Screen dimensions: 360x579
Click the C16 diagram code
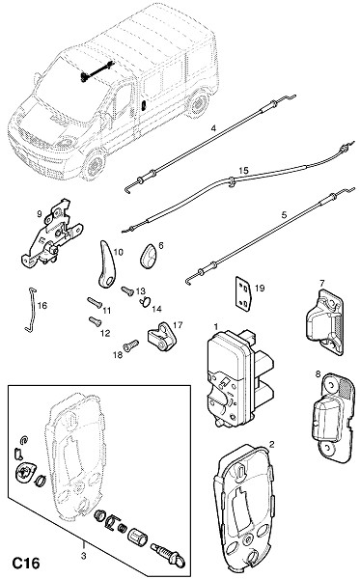click(26, 564)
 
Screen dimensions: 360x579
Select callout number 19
click(260, 288)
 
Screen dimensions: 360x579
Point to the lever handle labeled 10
click(107, 265)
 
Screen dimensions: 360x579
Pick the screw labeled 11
click(95, 303)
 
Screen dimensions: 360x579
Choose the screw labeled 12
click(96, 321)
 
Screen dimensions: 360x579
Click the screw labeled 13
click(127, 291)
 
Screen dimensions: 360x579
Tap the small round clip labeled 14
click(145, 301)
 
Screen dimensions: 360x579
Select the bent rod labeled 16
click(32, 310)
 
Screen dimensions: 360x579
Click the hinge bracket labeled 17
click(162, 337)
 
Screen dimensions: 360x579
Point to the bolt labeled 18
click(131, 345)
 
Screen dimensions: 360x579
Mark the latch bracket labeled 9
click(52, 233)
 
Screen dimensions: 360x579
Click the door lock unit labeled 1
click(239, 379)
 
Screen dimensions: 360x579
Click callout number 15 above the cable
click(243, 171)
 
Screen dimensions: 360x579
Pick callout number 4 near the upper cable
click(213, 128)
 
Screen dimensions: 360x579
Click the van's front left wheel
click(93, 164)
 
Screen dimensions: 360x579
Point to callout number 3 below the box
click(83, 556)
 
